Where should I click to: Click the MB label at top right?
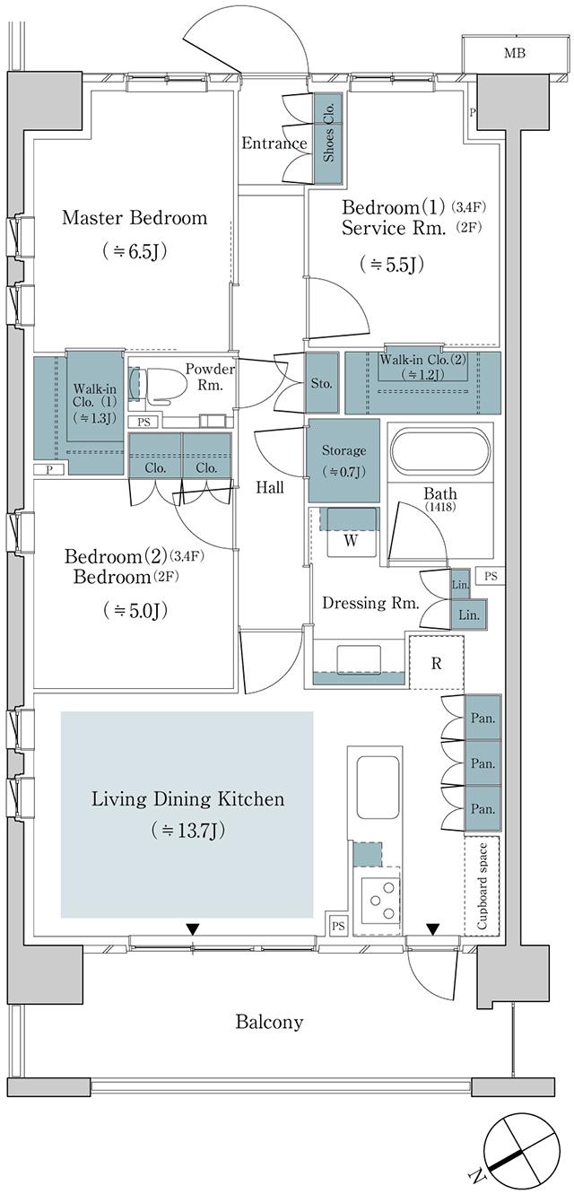point(514,54)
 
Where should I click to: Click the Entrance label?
point(274,143)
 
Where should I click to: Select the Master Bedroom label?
point(135,217)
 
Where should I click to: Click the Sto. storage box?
point(321,383)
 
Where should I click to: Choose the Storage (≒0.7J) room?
point(343,459)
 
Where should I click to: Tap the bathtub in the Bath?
point(439,454)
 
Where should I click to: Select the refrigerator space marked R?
point(437,664)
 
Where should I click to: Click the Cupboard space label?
point(482,885)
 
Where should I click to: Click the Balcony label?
point(269,1022)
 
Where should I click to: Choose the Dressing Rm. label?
point(370,604)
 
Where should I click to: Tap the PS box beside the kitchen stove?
point(338,926)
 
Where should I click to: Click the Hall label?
point(269,488)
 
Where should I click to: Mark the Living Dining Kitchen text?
point(187,798)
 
